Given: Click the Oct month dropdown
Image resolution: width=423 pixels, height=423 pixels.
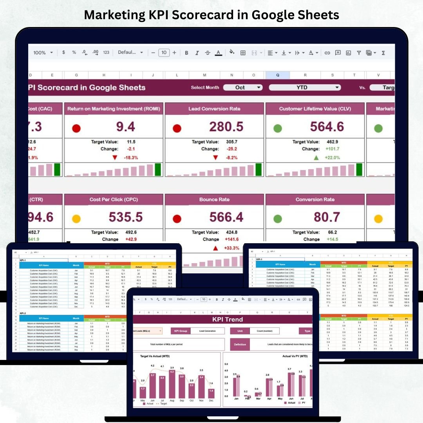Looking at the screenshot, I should point(242,88).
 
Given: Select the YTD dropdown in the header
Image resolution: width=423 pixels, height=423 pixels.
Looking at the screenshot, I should point(304,88).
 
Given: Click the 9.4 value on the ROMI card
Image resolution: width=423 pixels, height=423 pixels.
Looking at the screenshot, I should point(125,127).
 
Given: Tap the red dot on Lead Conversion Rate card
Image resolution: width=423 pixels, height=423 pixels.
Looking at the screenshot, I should point(177,128).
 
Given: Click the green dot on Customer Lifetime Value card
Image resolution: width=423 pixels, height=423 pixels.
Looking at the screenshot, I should point(278,128).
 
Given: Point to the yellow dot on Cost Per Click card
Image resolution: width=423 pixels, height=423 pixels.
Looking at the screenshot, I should point(76,219).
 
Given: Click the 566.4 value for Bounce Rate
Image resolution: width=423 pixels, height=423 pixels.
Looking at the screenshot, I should point(226,217).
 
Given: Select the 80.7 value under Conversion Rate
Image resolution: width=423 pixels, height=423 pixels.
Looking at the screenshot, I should point(327,217).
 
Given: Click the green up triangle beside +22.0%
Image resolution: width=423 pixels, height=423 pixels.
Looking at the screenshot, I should point(316,157).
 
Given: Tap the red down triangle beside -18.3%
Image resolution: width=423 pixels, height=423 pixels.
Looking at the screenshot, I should point(115,157).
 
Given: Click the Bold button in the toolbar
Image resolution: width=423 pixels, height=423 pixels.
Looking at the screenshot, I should point(186,53).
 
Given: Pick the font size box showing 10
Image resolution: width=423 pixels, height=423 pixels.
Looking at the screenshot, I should point(164,53).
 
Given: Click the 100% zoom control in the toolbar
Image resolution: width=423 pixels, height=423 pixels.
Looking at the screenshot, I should point(43,53).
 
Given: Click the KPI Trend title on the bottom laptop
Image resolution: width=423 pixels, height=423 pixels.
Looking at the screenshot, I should point(228,319).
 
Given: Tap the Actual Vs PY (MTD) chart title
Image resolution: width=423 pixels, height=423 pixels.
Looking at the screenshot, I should point(289,356).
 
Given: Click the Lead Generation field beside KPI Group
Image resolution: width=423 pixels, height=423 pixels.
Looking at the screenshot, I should point(208,331).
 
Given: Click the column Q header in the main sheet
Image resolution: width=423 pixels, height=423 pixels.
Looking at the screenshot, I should point(278,75).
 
